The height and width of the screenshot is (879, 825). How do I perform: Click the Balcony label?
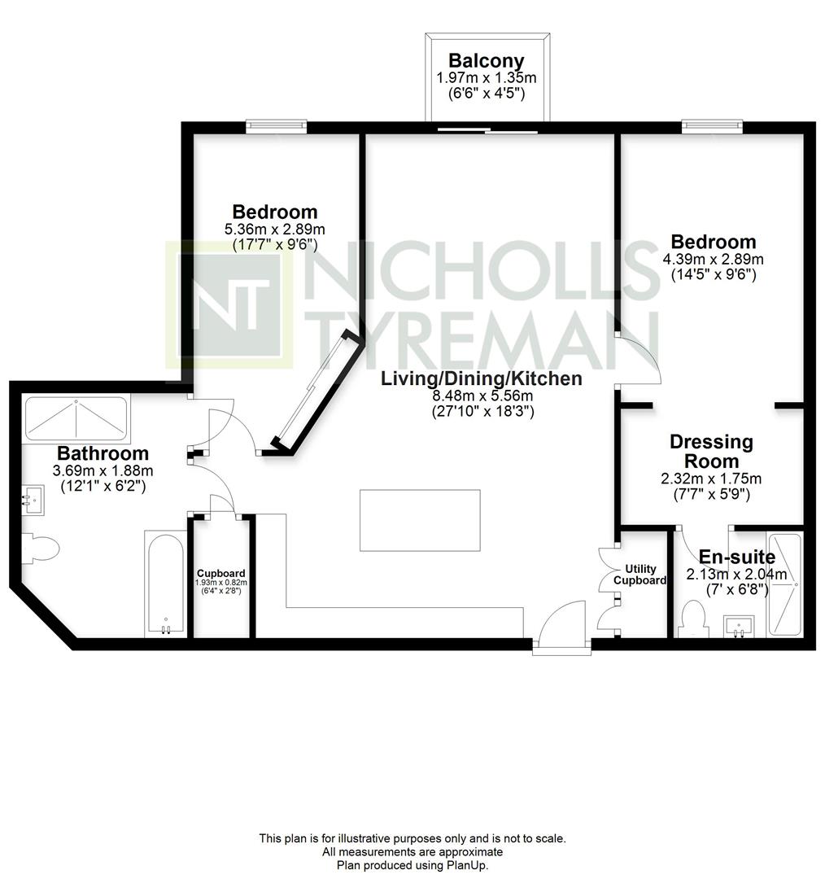pos(487,60)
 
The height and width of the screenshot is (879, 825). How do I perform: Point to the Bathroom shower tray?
pos(76,419)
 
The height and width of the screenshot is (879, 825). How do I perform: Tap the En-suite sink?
pos(740,627)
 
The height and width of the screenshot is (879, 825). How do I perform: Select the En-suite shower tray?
pos(784,584)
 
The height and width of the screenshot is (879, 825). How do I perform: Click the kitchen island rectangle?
pos(420,520)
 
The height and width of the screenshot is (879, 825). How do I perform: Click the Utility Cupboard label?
pos(640,575)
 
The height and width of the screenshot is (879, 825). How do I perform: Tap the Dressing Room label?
pos(711,451)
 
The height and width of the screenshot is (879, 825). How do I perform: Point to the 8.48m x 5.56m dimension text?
pos(482,396)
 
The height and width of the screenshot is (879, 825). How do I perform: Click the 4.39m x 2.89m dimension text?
pos(713,259)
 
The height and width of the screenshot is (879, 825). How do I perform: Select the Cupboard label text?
pos(220,574)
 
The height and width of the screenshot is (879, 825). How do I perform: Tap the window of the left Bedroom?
pos(277,127)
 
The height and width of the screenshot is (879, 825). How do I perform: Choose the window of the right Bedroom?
pos(713,127)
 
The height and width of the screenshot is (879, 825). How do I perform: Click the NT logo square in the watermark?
pos(229,305)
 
